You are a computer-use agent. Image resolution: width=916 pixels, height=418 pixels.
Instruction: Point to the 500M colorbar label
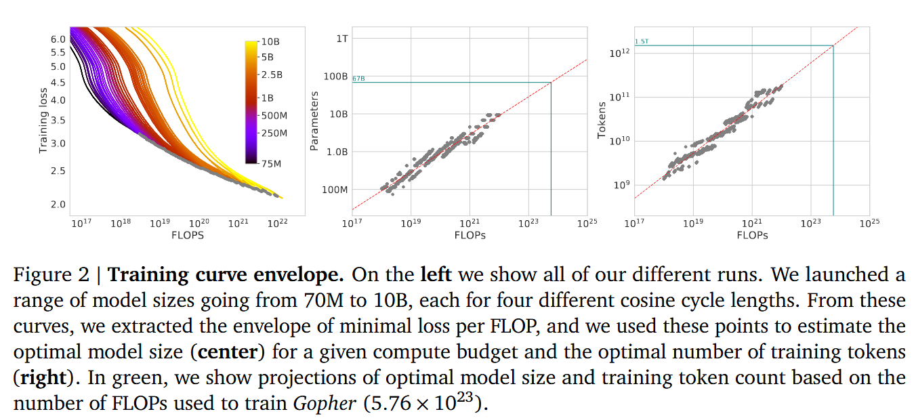point(274,116)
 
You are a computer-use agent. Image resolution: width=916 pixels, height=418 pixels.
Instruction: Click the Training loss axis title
point(43,120)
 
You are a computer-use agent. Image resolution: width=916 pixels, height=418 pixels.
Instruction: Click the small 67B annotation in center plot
point(358,79)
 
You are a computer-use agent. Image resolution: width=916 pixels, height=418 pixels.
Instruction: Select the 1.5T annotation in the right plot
point(641,42)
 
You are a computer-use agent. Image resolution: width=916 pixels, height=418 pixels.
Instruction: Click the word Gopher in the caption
point(325,404)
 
